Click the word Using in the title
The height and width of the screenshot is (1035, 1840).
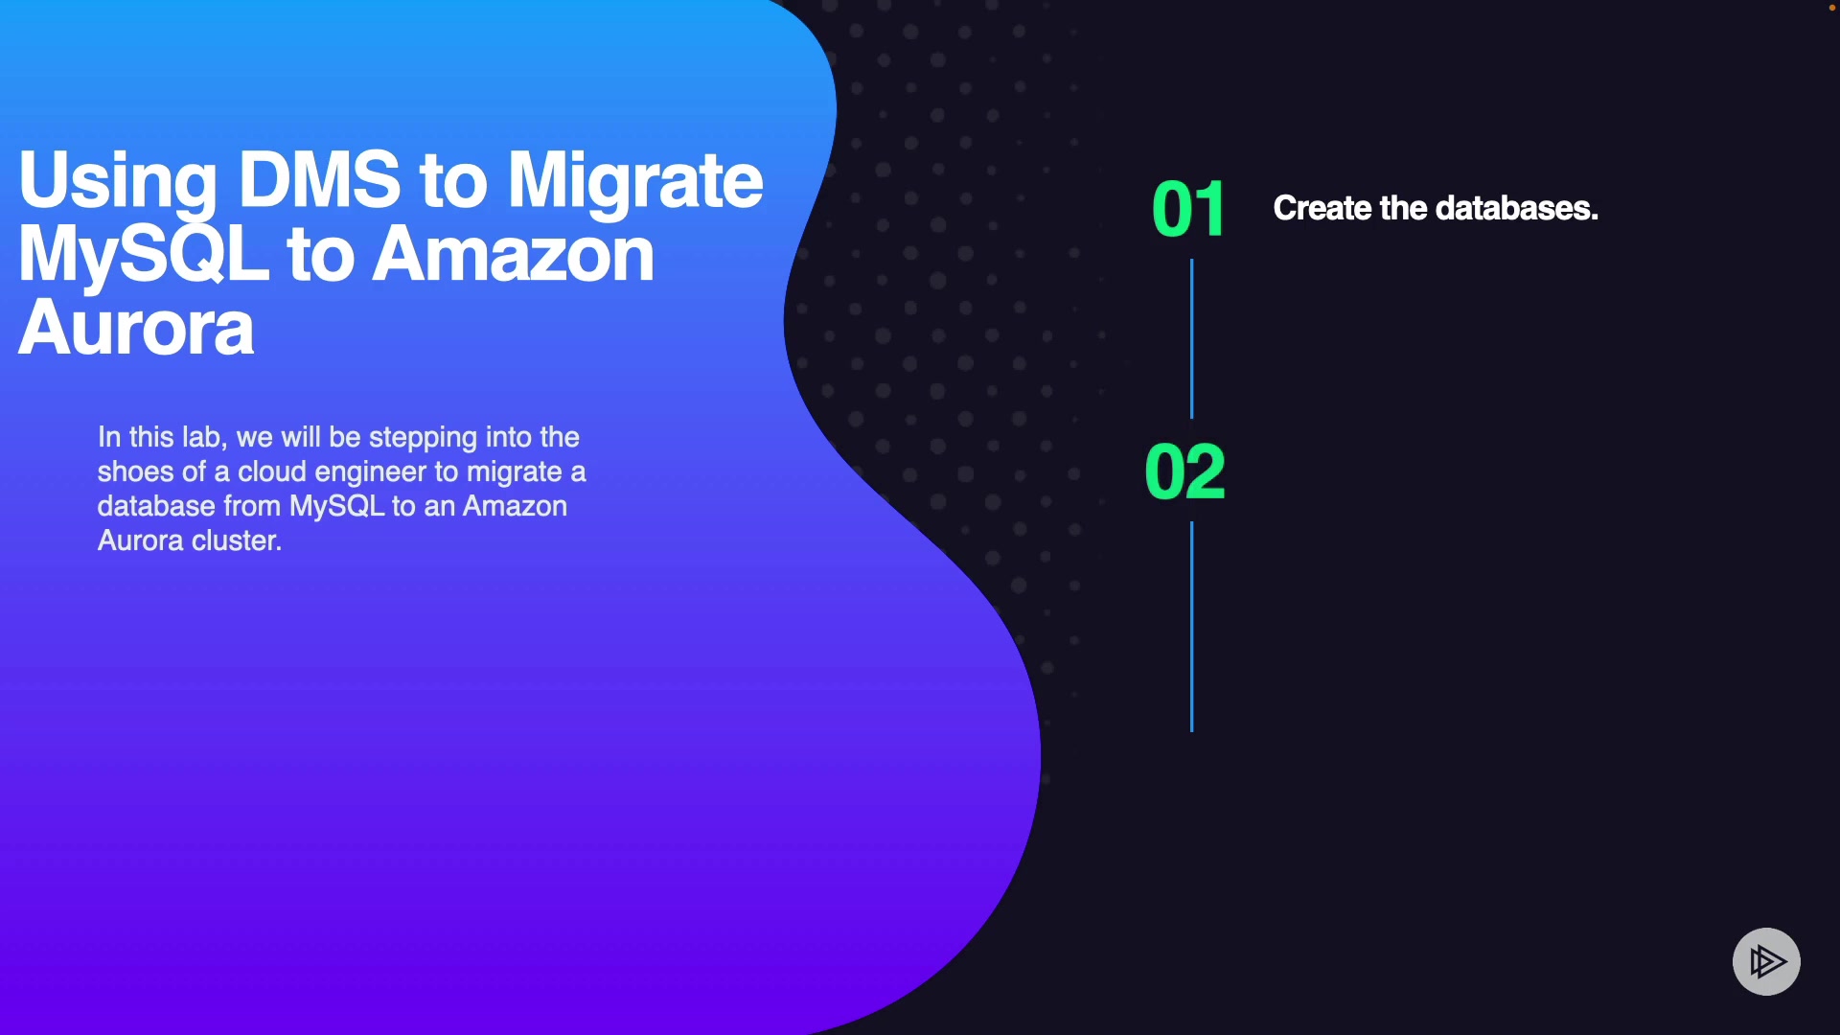118,181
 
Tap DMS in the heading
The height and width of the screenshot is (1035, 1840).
319,178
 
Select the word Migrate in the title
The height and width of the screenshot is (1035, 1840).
634,181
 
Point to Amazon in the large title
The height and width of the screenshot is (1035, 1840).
513,254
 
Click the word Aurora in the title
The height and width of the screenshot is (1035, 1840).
136,328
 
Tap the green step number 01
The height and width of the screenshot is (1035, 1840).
1188,209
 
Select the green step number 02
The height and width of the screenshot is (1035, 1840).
1185,471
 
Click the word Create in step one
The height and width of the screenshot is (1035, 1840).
1322,208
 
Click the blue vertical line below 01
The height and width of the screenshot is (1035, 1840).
1191,338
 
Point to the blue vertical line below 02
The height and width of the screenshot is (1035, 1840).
1191,627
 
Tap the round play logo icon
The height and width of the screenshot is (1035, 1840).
1766,961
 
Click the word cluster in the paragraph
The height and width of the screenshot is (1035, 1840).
236,540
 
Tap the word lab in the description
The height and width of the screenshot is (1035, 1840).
204,438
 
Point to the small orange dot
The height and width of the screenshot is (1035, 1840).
1832,8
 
